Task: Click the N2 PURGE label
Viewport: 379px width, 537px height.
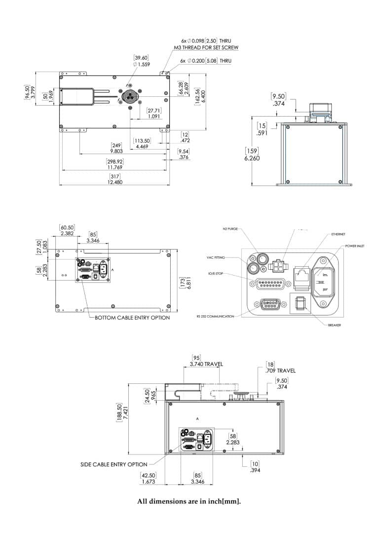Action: (230, 230)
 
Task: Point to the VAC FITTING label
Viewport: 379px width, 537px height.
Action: (216, 257)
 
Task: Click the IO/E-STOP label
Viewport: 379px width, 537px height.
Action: (216, 273)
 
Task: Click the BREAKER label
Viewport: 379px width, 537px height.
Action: (335, 325)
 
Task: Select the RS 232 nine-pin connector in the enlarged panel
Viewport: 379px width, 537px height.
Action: (268, 306)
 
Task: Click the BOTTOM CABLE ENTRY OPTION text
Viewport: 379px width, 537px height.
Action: (132, 318)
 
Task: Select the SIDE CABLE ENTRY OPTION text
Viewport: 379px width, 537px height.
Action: (114, 464)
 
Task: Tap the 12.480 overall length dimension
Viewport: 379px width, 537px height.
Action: (115, 182)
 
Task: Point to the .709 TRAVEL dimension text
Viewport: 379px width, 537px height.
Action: (280, 371)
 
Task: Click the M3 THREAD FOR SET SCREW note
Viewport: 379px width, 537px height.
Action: (206, 48)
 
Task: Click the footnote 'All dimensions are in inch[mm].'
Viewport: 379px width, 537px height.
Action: (189, 502)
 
